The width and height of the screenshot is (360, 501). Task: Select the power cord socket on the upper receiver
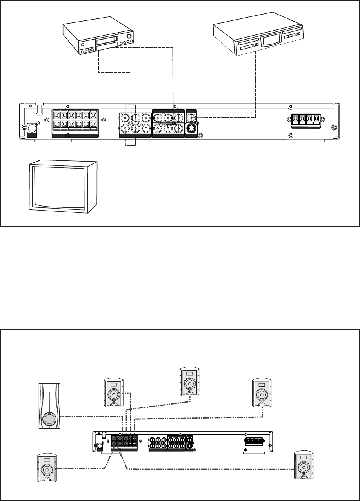tap(31, 129)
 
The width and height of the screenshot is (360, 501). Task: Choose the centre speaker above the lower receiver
tap(189, 381)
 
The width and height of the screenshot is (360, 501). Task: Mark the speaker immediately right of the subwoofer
tap(114, 393)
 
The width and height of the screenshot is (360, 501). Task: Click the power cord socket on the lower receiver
tap(99, 446)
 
